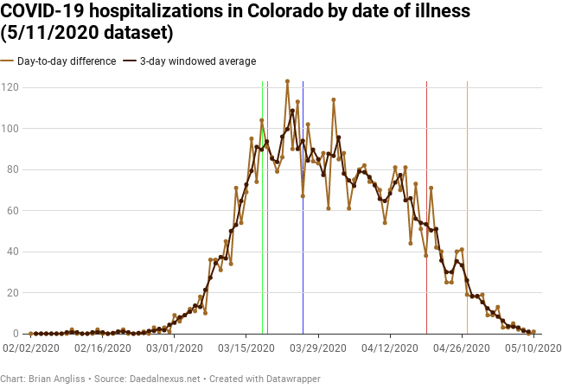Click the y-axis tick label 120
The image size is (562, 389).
(x=10, y=87)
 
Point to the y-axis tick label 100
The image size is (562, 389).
(x=10, y=128)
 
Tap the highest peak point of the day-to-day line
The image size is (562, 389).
(x=287, y=81)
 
